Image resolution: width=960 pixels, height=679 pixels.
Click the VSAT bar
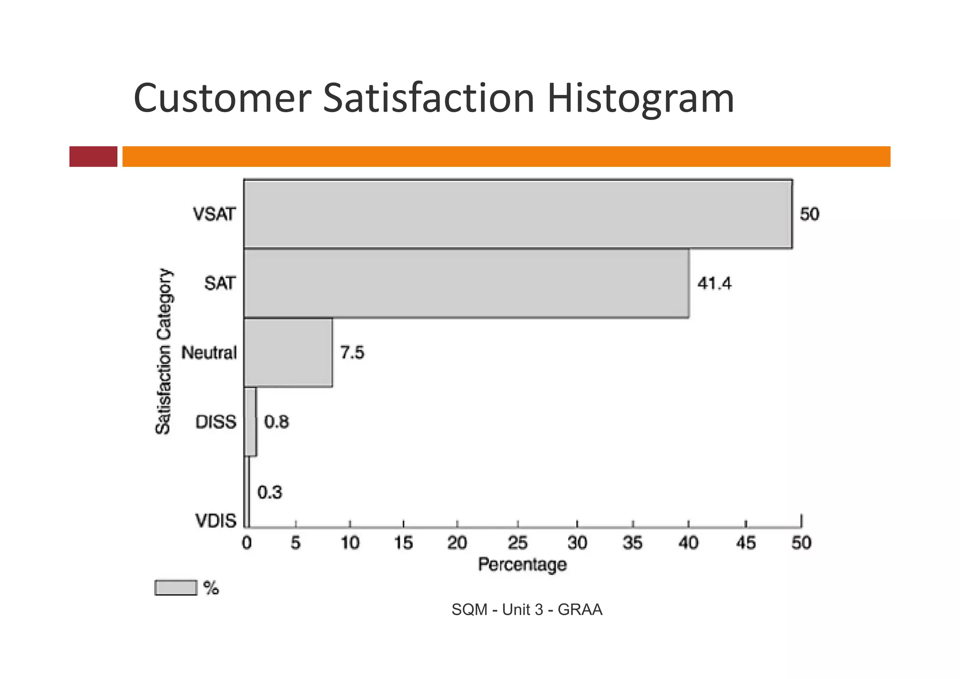(x=518, y=214)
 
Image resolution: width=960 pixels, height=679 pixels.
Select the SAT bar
(x=466, y=283)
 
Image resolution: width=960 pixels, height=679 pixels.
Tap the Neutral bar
(x=288, y=352)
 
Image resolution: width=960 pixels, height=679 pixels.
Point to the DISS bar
(x=251, y=422)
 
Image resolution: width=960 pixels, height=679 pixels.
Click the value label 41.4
(x=714, y=284)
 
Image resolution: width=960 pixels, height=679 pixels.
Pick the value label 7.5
(x=352, y=352)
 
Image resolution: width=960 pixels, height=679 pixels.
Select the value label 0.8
(x=277, y=422)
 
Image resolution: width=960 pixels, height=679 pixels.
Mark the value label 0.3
(x=270, y=492)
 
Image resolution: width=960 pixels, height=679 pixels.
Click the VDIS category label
(x=216, y=521)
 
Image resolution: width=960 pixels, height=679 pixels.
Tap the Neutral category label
(x=209, y=353)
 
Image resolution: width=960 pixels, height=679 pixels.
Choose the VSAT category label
(x=214, y=214)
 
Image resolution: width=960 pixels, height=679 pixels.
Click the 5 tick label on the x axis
(x=295, y=543)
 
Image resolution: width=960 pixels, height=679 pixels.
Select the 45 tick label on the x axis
(x=745, y=543)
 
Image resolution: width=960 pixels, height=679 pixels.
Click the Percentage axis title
(x=522, y=564)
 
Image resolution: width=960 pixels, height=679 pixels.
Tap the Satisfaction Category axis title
(x=164, y=352)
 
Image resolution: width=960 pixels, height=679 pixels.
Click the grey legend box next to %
(x=176, y=588)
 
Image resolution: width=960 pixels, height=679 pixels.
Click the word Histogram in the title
(x=640, y=98)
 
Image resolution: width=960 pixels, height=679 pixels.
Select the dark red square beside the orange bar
(x=93, y=156)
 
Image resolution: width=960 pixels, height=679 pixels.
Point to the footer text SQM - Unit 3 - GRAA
(x=527, y=610)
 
